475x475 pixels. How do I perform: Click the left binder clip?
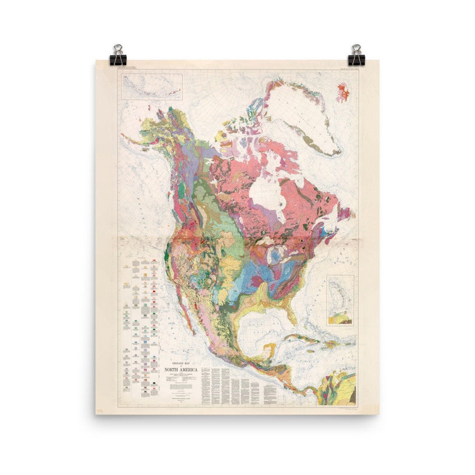point(118,55)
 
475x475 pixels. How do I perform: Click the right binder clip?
point(357,55)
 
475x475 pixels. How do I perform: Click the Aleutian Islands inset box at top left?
point(152,86)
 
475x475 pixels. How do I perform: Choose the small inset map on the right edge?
point(340,300)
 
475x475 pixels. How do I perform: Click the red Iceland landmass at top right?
point(343,92)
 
